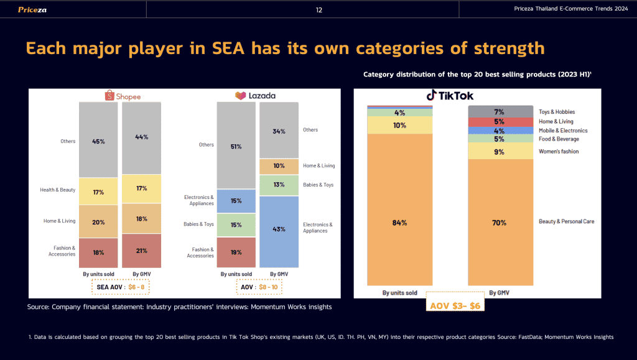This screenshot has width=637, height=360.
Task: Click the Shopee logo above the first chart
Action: pyautogui.click(x=123, y=96)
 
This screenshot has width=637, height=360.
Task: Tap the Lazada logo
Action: pyautogui.click(x=255, y=96)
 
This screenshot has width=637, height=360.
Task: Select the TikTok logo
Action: pyautogui.click(x=450, y=95)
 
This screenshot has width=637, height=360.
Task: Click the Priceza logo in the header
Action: pyautogui.click(x=32, y=9)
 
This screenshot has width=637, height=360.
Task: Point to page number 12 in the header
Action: pyautogui.click(x=319, y=9)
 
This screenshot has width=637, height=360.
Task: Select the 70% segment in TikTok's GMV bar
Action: pyautogui.click(x=499, y=221)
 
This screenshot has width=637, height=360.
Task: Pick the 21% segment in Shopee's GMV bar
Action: pyautogui.click(x=142, y=250)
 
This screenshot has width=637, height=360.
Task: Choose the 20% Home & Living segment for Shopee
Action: pyautogui.click(x=98, y=221)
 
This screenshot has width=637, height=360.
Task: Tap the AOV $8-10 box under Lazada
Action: pyautogui.click(x=260, y=287)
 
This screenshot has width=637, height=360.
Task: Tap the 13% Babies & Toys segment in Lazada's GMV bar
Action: pyautogui.click(x=279, y=185)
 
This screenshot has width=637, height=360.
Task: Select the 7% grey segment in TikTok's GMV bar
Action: pyautogui.click(x=499, y=112)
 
